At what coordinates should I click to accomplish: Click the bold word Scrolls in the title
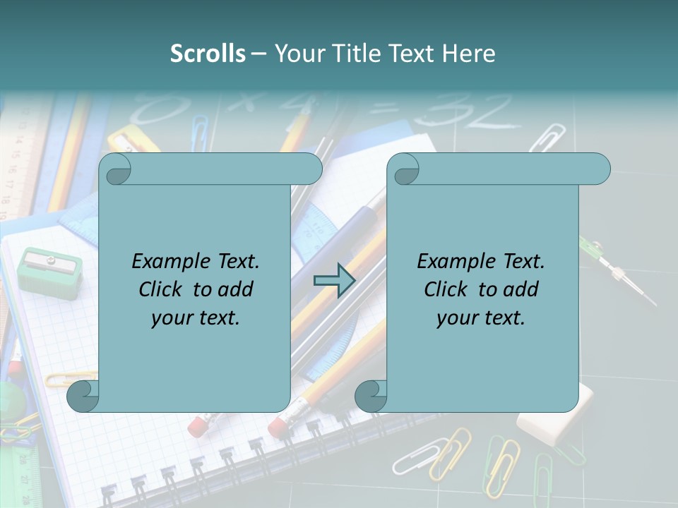(208, 54)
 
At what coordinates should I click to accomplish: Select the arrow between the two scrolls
(334, 280)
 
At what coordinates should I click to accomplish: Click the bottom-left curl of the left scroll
(83, 397)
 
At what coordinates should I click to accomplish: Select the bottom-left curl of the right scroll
(371, 397)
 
